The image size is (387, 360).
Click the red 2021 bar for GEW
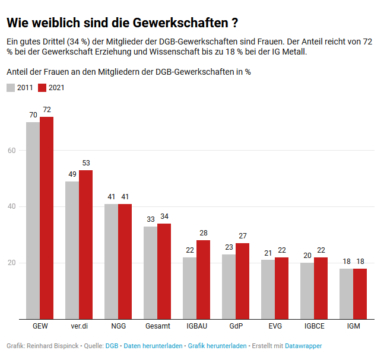pos(46,218)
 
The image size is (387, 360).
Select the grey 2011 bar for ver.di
pos(72,250)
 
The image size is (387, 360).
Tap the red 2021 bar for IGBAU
pos(203,279)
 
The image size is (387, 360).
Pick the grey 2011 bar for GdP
pos(229,286)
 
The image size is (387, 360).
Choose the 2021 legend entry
pos(52,88)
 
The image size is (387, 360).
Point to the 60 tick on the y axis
pos(11,151)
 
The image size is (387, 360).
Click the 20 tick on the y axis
pos(11,263)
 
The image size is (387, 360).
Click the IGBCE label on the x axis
pos(313,326)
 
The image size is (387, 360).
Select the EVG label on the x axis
pos(274,326)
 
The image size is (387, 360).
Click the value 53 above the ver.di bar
pos(86,163)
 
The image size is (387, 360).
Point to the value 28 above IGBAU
pos(204,233)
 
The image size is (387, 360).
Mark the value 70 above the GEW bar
pos(33,115)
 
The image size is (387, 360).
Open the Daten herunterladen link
pos(153,345)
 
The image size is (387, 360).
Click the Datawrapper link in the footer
pos(303,345)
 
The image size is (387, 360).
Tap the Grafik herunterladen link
pos(217,345)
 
